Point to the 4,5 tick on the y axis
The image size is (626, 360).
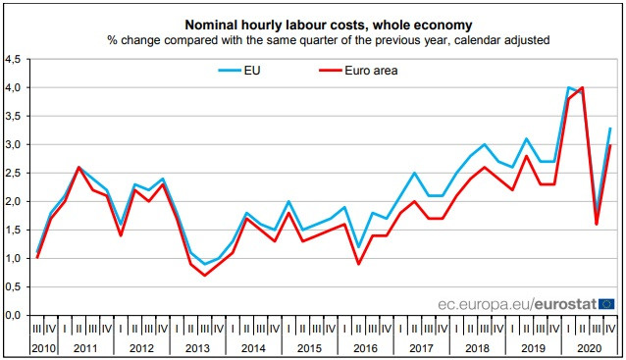click(14, 60)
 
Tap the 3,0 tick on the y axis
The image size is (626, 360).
click(14, 145)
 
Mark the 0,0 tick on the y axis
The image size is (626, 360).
click(14, 316)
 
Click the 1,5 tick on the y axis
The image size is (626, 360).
click(14, 231)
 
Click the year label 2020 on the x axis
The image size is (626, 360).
click(589, 347)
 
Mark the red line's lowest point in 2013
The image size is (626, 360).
click(204, 275)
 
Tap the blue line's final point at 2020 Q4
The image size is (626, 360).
click(611, 129)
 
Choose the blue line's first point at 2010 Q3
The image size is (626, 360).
click(38, 252)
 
